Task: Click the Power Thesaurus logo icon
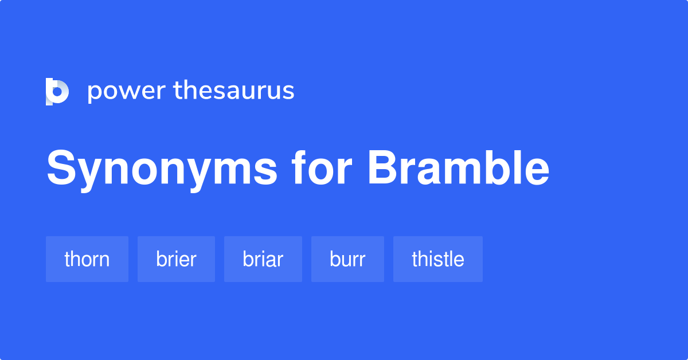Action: point(57,92)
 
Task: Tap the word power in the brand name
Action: point(126,91)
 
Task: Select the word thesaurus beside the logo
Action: point(234,91)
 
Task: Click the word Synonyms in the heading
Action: point(162,170)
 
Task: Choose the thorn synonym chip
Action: point(87,259)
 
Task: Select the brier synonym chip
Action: point(176,259)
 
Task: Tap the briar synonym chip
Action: point(263,259)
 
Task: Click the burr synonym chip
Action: point(347,259)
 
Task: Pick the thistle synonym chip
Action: point(438,259)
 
